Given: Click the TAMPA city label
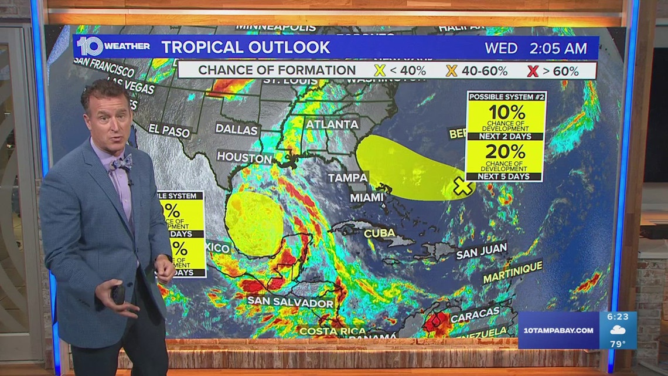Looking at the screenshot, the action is click(x=348, y=177).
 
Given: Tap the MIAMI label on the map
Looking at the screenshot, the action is click(x=367, y=198).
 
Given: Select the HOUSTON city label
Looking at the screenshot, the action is click(x=244, y=157).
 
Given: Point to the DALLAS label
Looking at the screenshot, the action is click(x=237, y=129).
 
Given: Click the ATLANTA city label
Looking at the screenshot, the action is click(x=332, y=124).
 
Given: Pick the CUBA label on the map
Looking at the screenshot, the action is click(x=380, y=233).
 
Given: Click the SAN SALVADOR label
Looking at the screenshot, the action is click(x=290, y=302).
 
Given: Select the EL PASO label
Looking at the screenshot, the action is click(x=169, y=130).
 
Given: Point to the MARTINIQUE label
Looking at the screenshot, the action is click(x=513, y=272).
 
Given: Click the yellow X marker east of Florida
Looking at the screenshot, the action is click(x=463, y=187).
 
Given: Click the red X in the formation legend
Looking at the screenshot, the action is click(x=532, y=71).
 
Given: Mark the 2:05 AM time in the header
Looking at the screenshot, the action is click(x=558, y=49).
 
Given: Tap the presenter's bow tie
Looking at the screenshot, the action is click(x=120, y=164).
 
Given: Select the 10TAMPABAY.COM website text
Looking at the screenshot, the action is click(x=559, y=331).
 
